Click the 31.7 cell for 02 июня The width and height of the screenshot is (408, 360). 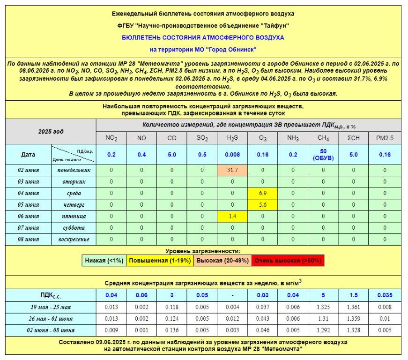[233, 170]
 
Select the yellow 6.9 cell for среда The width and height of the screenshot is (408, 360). [263, 193]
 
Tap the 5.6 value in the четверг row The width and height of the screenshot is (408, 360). [263, 204]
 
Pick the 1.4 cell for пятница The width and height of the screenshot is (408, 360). [233, 216]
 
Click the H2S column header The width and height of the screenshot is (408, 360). [233, 138]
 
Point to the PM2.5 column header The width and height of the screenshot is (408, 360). [385, 138]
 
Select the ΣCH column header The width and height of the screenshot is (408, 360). [354, 138]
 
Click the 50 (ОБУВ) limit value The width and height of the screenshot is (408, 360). [323, 154]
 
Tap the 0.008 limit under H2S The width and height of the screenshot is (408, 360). [233, 154]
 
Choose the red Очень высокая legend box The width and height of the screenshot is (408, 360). [287, 260]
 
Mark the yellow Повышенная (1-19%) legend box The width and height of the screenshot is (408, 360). [160, 260]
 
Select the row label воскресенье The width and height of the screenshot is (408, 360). [74, 239]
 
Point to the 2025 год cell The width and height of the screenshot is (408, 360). [51, 132]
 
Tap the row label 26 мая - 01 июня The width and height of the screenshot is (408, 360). [51, 319]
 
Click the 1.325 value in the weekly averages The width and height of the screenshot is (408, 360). [323, 307]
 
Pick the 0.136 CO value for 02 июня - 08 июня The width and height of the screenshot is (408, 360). [172, 330]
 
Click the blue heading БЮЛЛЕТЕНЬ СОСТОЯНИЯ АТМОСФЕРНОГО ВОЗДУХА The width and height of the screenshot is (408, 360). [203, 37]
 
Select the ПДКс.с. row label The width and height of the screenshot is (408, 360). [51, 295]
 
